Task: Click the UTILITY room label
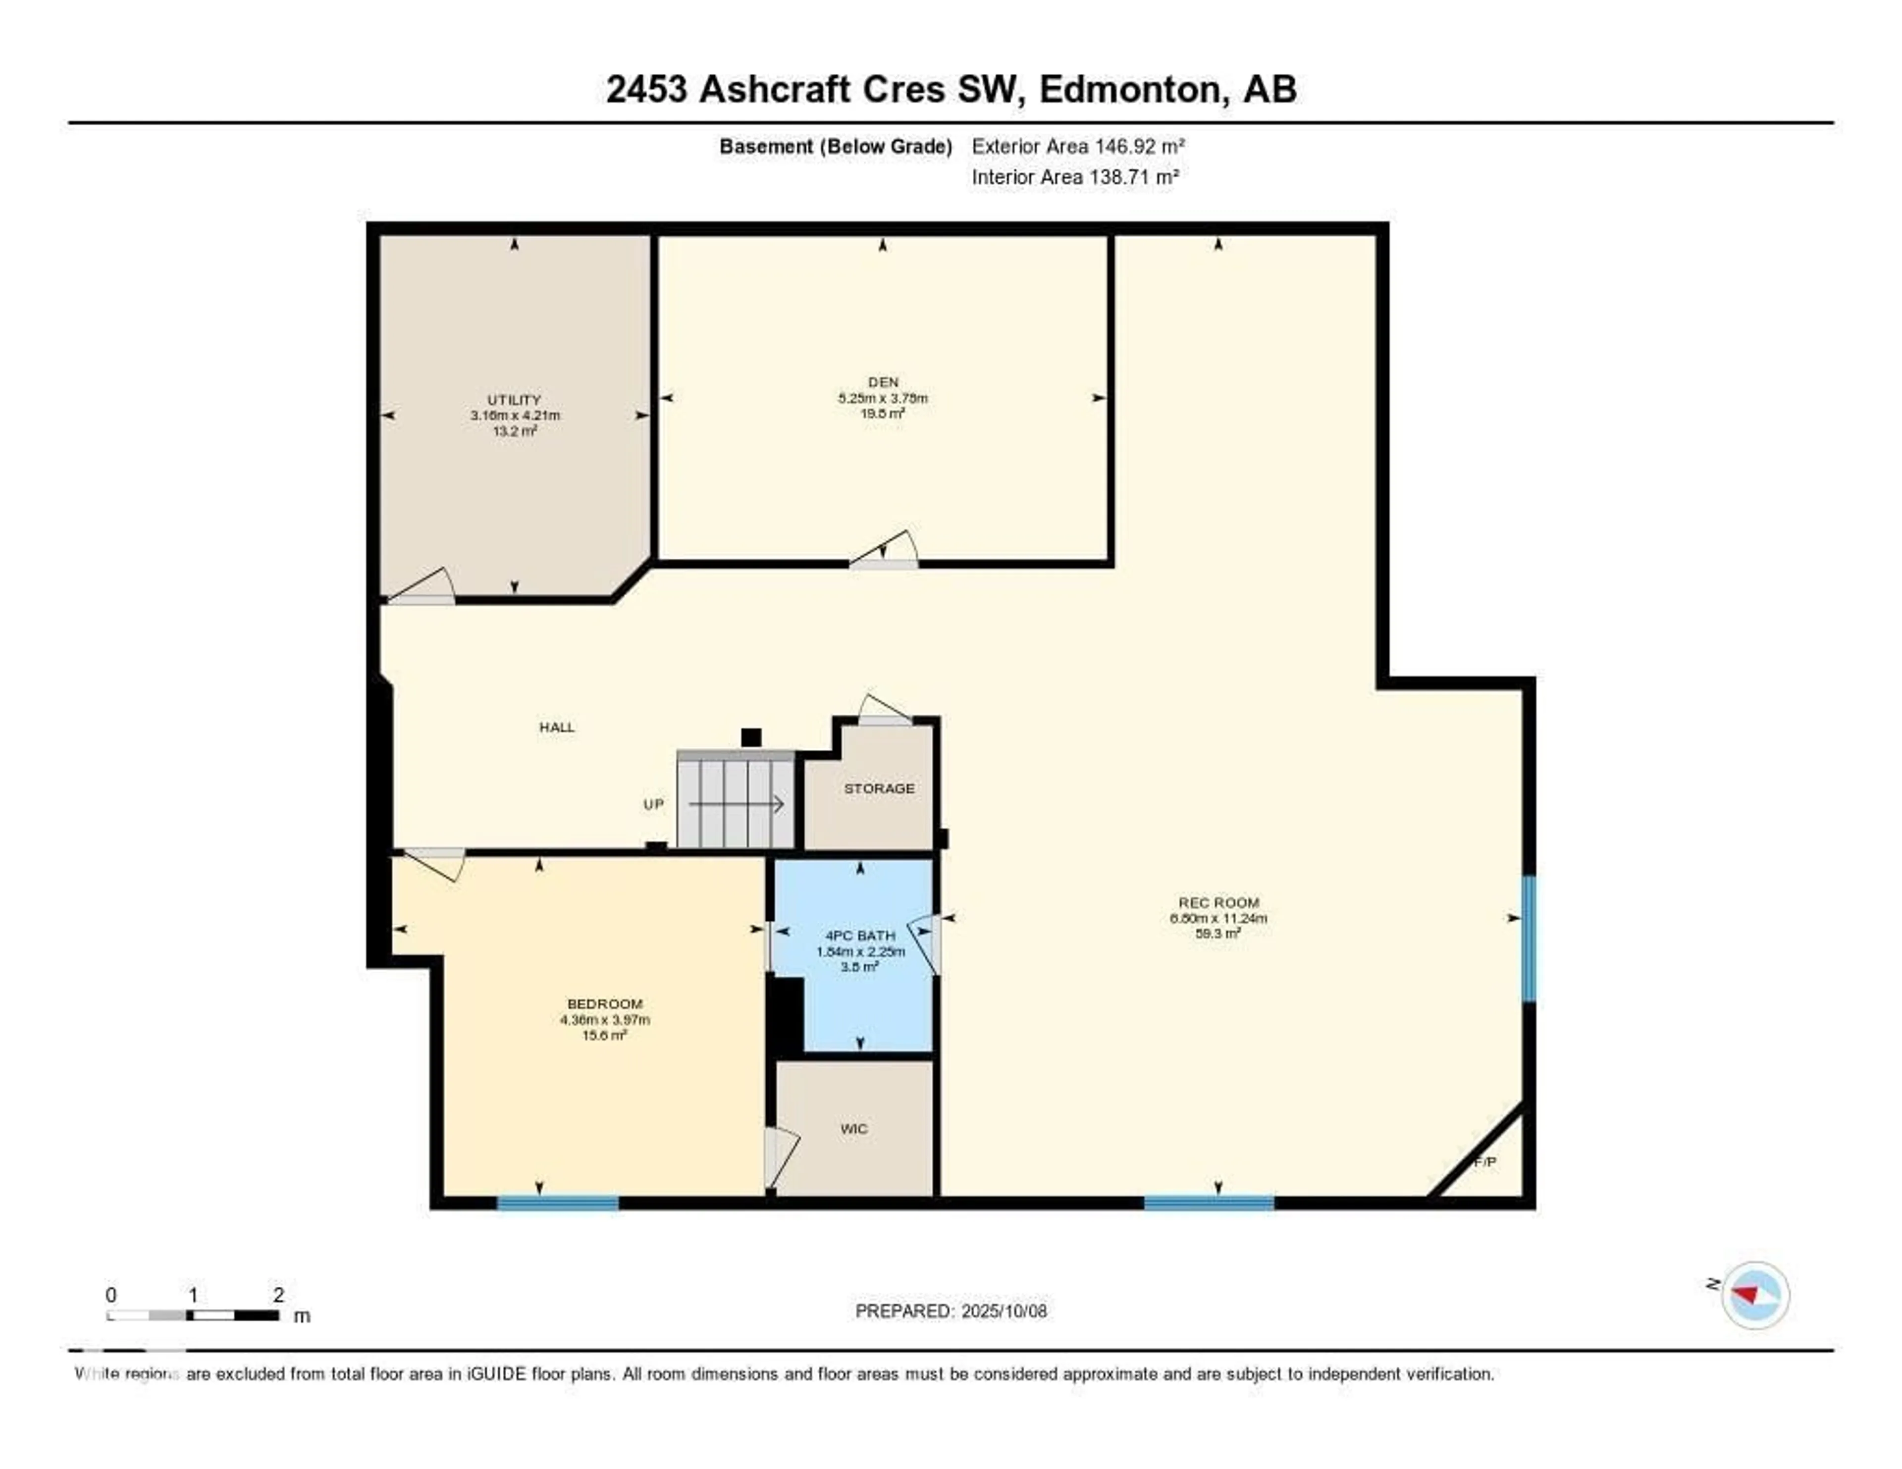click(x=514, y=400)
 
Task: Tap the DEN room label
click(x=882, y=382)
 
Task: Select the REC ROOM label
click(x=1217, y=903)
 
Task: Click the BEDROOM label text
click(x=604, y=1004)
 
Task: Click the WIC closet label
click(x=853, y=1129)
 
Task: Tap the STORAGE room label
click(x=879, y=789)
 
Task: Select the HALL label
click(x=557, y=727)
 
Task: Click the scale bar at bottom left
click(x=193, y=1315)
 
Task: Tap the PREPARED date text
click(x=950, y=1312)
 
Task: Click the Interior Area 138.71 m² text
click(x=1075, y=178)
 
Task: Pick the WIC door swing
click(x=780, y=1156)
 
